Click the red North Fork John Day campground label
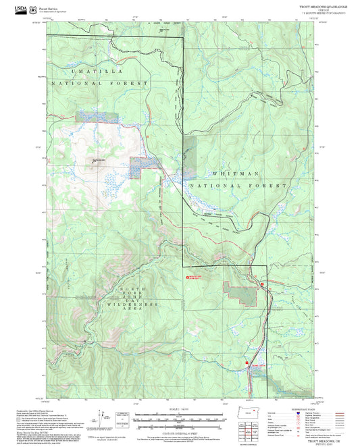(x=195, y=276)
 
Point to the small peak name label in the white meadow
(x=99, y=160)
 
